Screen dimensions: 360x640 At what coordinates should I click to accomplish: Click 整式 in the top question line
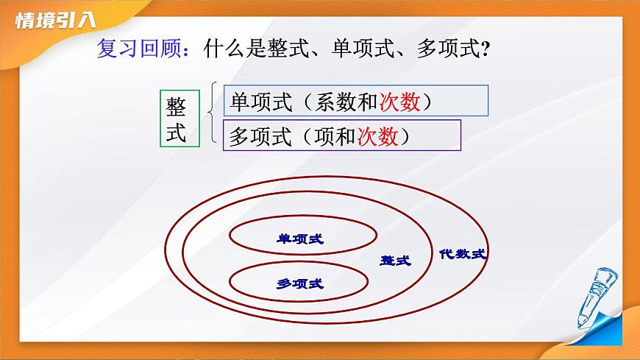(x=294, y=50)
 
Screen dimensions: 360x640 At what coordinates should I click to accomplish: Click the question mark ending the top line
(x=485, y=51)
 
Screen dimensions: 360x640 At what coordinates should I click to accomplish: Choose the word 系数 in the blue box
(x=335, y=102)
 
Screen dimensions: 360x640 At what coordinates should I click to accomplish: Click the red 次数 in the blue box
(x=399, y=102)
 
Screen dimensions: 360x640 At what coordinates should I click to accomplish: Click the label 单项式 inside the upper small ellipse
(x=299, y=238)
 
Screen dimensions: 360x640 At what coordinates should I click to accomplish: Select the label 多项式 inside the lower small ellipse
(x=299, y=283)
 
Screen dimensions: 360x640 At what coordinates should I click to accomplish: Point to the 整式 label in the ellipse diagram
(x=395, y=261)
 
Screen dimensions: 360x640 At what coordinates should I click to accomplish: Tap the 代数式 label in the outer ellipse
(x=463, y=254)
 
